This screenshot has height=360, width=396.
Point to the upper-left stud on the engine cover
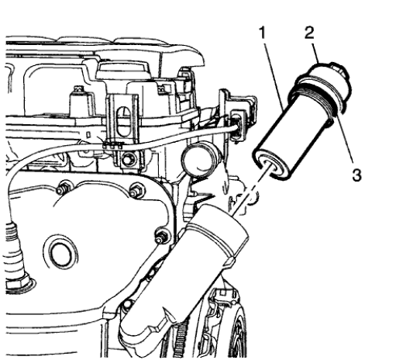tap(63, 185)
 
